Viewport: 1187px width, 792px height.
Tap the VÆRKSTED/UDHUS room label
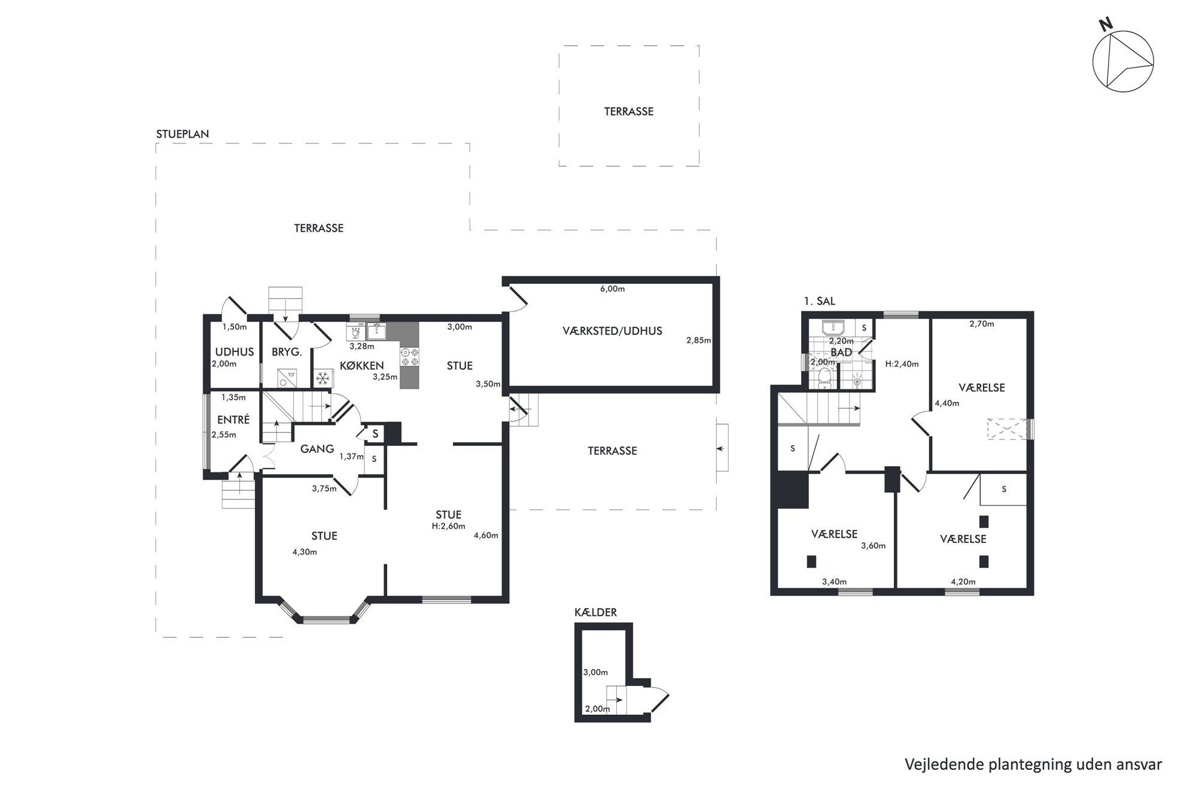coord(612,331)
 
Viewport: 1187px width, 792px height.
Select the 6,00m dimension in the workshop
coord(612,289)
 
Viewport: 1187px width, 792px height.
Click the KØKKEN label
coord(361,366)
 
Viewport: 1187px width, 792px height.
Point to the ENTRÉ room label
coord(233,420)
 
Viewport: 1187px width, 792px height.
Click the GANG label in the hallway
coord(316,448)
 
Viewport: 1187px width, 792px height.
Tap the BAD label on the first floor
coord(841,353)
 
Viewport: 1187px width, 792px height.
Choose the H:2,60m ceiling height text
coord(448,527)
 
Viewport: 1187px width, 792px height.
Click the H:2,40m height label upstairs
coord(902,364)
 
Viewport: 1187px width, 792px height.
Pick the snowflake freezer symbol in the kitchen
coord(322,378)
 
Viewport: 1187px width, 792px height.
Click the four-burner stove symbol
coord(410,357)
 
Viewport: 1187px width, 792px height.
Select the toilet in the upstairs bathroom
coord(825,378)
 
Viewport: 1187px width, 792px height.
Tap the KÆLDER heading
coord(595,612)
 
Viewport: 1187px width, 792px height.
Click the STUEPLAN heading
coord(182,134)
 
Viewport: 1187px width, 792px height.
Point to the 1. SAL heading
coord(820,301)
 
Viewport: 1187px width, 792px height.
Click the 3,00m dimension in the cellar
coord(595,672)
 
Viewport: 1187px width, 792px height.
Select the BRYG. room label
coord(287,353)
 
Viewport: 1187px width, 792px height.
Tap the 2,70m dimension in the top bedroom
coord(982,324)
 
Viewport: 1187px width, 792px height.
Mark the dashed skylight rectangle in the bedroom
coord(1006,429)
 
